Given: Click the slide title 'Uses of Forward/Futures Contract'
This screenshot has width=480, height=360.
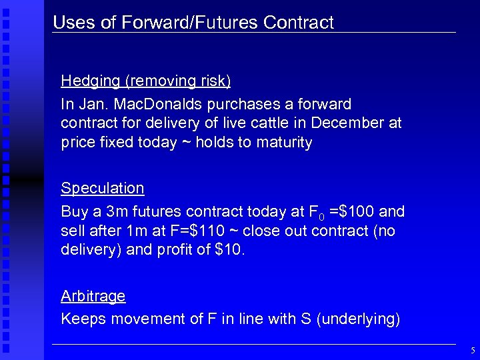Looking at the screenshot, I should [193, 23].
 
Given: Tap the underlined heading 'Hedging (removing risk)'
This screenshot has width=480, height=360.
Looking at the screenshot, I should [146, 81].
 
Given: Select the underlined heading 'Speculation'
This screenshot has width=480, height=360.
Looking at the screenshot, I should [103, 188].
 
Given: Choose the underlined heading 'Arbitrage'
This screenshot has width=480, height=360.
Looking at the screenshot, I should [93, 295].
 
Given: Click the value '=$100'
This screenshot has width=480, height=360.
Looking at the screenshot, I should [352, 213].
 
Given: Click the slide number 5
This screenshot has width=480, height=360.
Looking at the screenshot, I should [473, 350].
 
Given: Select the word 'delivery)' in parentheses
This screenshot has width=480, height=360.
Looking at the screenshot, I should [89, 250].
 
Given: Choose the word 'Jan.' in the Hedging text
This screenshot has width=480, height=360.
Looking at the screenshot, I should [93, 105].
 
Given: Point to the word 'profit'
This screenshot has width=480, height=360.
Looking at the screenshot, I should [196, 250].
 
